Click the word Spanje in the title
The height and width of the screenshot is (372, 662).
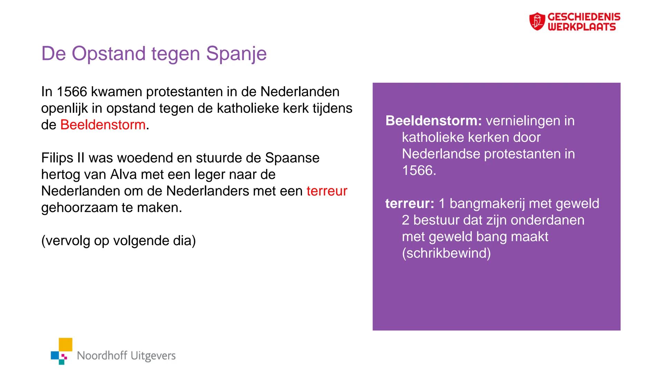point(236,54)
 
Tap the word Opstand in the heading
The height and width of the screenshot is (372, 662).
point(109,54)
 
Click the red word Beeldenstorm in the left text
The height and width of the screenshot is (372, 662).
point(103,125)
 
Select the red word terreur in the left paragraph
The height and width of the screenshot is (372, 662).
point(326,191)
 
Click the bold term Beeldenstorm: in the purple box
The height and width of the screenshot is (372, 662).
point(434,121)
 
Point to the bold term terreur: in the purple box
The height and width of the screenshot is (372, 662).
point(409,204)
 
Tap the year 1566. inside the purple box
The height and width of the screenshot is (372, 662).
point(419,170)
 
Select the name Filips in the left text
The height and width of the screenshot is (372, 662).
point(55,158)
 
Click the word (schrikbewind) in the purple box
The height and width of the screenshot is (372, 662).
point(446,253)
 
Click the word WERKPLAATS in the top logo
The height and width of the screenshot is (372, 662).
point(581,27)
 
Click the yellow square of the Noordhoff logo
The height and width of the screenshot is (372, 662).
point(66,344)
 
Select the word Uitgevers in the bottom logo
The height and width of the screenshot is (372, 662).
point(153,355)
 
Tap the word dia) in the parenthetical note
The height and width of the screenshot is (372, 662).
point(184,241)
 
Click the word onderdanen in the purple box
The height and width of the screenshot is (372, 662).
point(547,220)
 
